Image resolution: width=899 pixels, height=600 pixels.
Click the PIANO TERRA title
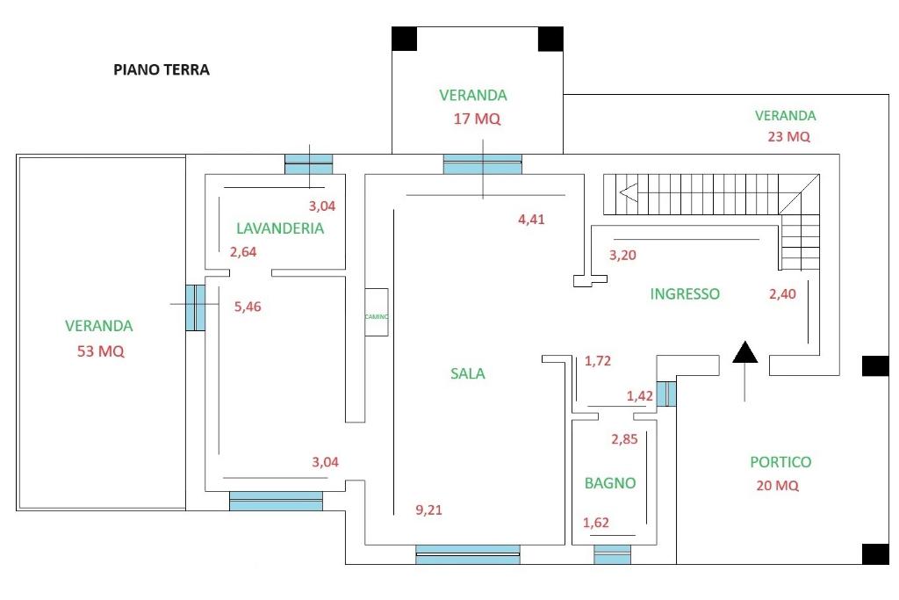point(162,70)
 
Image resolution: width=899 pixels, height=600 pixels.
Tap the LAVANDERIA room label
point(280,228)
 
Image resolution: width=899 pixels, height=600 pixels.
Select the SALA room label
point(468,373)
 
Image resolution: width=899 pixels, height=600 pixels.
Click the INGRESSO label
point(685,293)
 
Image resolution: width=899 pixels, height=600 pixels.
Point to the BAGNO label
point(610,483)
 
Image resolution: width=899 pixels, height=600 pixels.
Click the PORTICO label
point(780,462)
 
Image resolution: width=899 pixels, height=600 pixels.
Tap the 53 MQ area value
point(100,351)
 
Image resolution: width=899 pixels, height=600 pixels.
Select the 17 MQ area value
point(477,119)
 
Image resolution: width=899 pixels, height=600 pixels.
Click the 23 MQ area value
point(789,136)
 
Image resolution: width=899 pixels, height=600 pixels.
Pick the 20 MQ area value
point(778,485)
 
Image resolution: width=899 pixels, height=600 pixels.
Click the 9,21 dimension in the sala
point(428,510)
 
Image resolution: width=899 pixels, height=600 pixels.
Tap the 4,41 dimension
point(531,219)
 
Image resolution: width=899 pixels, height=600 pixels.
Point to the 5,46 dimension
point(248,307)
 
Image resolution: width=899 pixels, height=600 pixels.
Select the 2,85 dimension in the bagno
point(624,439)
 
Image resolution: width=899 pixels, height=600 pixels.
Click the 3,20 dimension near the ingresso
point(622,256)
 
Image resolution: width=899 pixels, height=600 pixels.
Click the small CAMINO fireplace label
point(377,316)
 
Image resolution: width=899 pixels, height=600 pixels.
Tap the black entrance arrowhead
point(745,352)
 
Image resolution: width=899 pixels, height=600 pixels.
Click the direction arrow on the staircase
point(629,192)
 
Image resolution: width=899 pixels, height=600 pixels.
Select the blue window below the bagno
point(612,554)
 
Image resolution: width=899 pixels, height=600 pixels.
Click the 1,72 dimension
point(598,361)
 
